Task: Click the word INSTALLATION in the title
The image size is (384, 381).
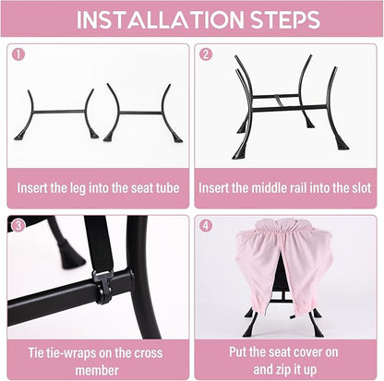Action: [x=160, y=20]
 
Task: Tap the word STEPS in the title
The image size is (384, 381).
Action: [x=285, y=20]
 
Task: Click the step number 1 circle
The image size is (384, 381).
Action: [x=18, y=54]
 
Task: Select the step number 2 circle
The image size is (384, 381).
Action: [x=206, y=54]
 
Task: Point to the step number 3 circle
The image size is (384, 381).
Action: [x=18, y=226]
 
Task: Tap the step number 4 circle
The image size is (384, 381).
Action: [x=206, y=226]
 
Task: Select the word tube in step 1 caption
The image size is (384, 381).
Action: [x=167, y=187]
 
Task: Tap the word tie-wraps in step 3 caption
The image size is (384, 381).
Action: [x=67, y=352]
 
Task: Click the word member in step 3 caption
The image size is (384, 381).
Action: [x=97, y=370]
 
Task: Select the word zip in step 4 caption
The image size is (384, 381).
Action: [x=284, y=370]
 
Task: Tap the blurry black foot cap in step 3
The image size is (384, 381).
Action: [x=69, y=256]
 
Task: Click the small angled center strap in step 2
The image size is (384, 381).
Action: [x=278, y=101]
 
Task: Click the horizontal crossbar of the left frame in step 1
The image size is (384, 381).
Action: [x=58, y=112]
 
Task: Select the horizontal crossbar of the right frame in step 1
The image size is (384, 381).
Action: [x=140, y=113]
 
